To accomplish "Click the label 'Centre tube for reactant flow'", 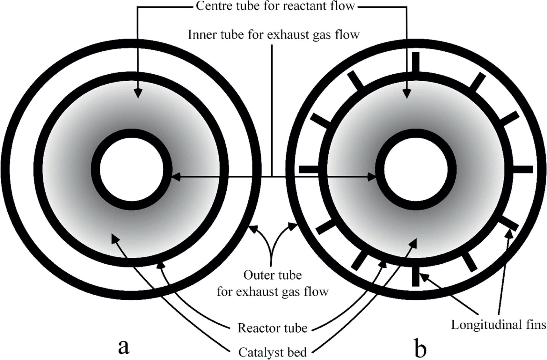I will coord(275,6).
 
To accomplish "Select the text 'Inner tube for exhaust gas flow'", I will coord(273,34).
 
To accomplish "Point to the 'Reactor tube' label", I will coord(272,328).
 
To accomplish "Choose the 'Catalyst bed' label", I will coord(272,352).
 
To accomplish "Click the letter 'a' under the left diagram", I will coord(124,347).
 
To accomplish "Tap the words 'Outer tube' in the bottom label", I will coord(273,275).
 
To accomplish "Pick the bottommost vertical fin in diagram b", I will coord(415,276).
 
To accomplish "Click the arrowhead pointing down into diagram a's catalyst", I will coord(138,93).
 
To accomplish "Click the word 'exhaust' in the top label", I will coord(287,34).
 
